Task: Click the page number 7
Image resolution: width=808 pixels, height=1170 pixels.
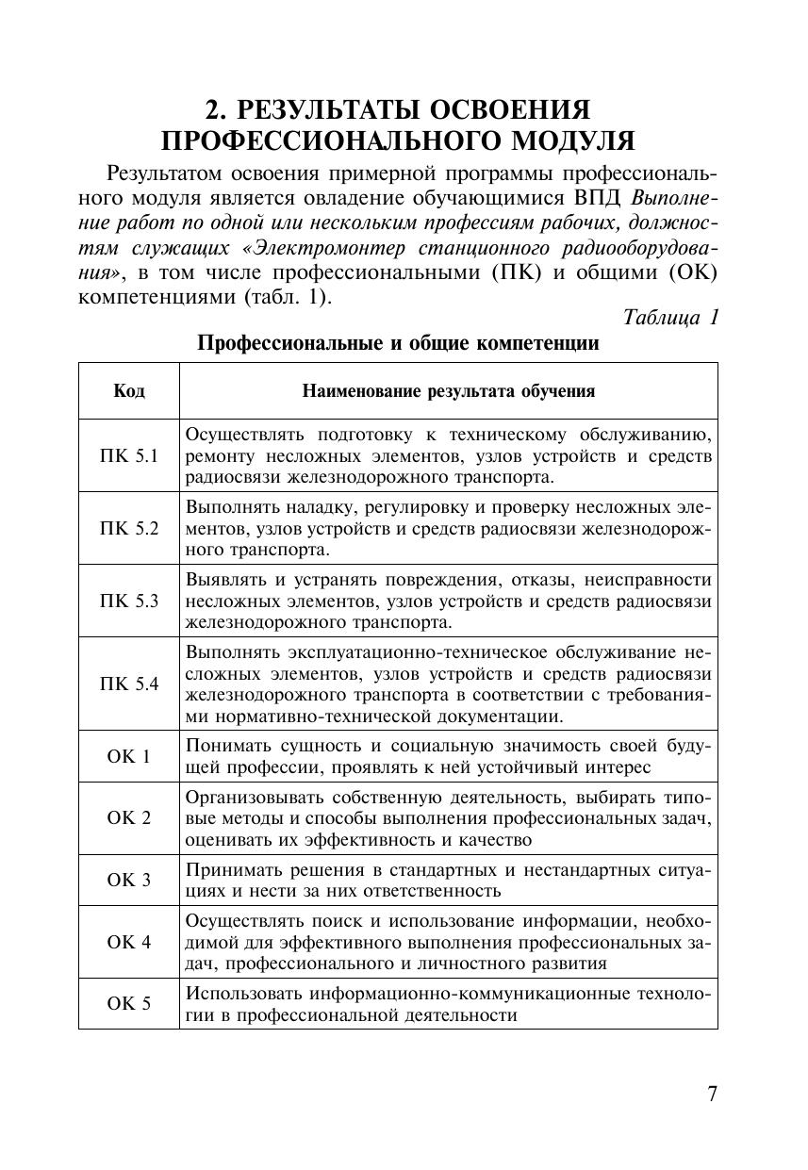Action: [x=712, y=1094]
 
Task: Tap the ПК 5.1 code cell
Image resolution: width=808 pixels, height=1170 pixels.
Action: [x=128, y=455]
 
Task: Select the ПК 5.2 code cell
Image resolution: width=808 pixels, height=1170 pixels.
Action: [x=128, y=528]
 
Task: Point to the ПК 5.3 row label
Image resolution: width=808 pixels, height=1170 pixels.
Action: [x=128, y=601]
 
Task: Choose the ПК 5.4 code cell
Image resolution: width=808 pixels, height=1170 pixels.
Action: [x=128, y=684]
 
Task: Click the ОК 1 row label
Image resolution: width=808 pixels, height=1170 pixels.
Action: [x=128, y=756]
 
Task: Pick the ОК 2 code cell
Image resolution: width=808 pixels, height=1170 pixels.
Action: [x=128, y=817]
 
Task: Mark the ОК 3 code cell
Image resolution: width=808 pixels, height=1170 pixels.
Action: [x=128, y=880]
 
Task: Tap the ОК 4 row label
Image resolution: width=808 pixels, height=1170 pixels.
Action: [x=128, y=941]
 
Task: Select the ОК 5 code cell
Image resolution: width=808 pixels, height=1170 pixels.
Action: [x=128, y=1003]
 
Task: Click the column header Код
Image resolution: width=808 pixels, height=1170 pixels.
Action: [x=128, y=391]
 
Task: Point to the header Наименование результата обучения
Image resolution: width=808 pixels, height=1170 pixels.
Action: [x=448, y=391]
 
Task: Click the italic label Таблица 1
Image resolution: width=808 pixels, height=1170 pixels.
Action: [x=670, y=317]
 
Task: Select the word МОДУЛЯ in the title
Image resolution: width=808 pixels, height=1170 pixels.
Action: [x=572, y=141]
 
